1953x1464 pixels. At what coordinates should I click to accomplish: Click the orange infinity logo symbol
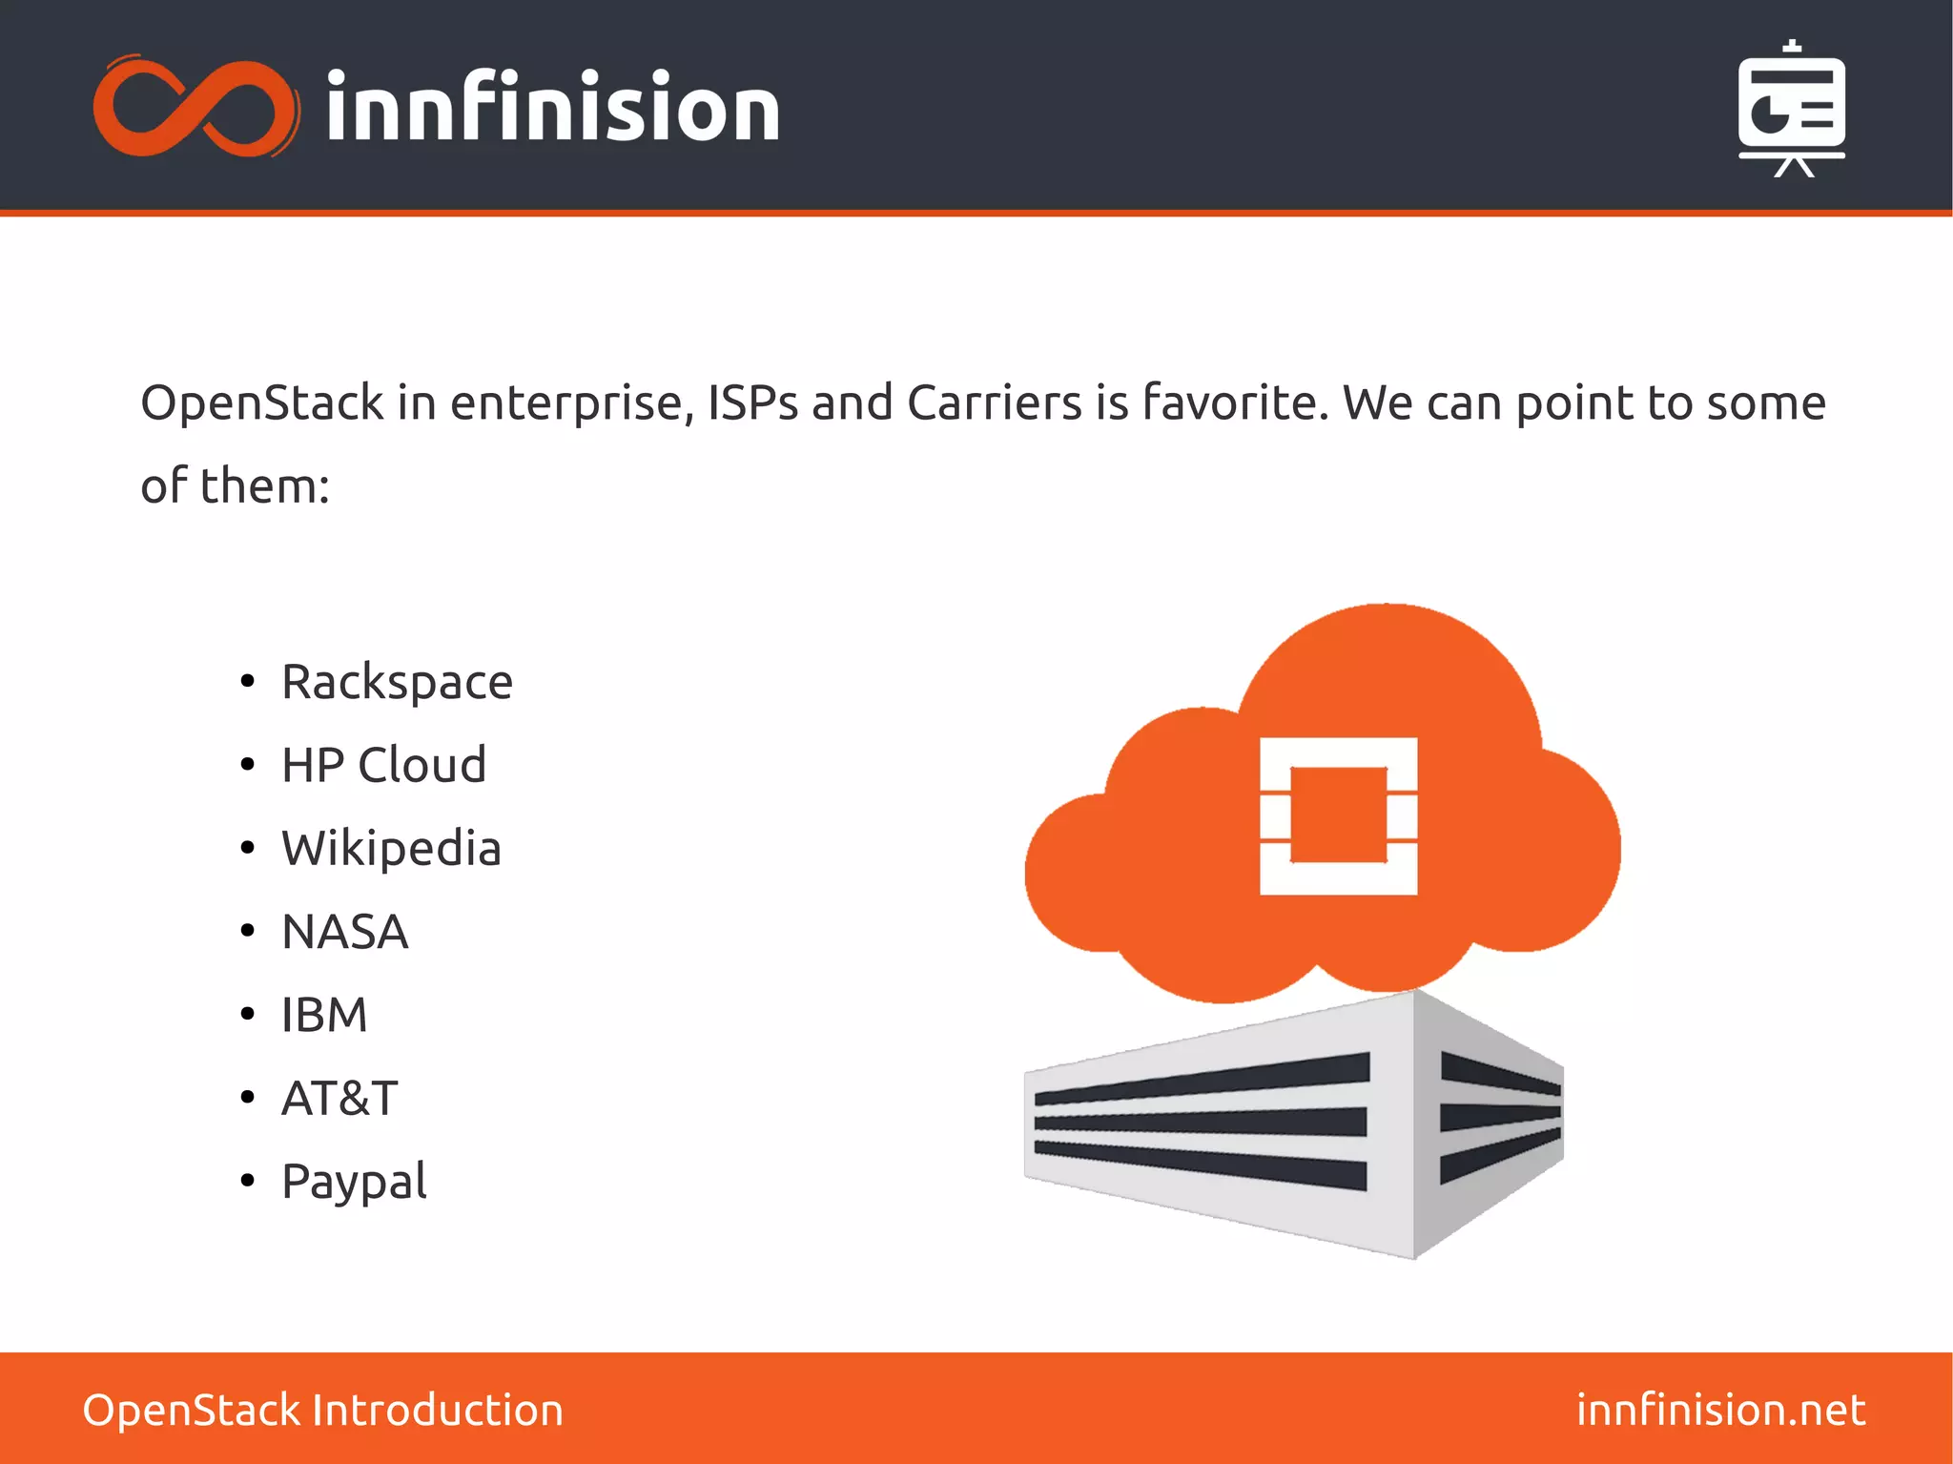195,107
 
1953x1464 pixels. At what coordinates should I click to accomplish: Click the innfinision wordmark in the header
553,108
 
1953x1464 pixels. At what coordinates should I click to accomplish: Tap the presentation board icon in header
1792,109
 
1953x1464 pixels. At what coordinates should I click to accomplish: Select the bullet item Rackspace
397,683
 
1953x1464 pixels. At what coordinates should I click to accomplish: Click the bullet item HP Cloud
383,765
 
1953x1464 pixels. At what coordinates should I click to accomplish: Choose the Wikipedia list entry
391,848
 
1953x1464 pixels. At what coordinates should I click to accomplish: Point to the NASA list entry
345,932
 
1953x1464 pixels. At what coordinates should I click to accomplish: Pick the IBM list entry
324,1015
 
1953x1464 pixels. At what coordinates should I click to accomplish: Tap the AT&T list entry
339,1098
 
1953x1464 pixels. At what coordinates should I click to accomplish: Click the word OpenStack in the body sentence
261,402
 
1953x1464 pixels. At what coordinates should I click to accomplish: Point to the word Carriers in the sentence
995,402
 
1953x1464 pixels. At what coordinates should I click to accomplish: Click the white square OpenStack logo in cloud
1338,815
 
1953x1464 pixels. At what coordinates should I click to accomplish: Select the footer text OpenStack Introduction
323,1410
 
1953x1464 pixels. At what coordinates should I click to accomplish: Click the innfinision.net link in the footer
1720,1410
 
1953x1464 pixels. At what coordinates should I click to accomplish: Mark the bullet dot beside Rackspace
248,681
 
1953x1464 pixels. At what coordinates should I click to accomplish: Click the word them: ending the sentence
265,485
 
